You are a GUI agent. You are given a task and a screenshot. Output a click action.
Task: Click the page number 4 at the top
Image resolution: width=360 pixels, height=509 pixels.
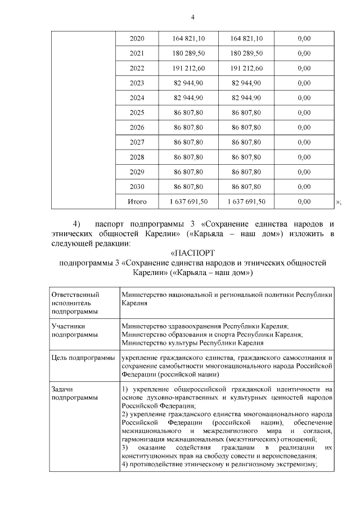192,17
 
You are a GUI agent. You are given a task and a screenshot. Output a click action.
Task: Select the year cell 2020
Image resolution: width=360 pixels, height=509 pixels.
137,39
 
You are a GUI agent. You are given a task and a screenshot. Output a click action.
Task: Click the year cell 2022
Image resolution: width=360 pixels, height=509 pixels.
137,68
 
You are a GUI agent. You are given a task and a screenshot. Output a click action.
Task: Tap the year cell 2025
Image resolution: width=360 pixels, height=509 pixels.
137,112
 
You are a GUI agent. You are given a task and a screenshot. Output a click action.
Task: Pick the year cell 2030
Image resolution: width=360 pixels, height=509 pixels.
137,186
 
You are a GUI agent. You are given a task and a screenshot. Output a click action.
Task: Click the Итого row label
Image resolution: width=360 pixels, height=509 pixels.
137,201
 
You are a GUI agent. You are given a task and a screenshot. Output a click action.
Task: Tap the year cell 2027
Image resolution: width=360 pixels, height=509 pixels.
137,142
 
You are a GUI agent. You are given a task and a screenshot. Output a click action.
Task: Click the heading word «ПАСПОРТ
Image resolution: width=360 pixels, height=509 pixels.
192,254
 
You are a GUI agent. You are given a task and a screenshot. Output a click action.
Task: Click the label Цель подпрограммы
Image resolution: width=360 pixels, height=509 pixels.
83,358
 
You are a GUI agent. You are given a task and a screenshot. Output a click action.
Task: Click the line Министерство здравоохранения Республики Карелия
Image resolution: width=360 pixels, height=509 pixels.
205,326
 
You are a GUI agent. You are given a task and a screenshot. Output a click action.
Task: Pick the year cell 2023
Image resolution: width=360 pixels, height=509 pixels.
137,83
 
